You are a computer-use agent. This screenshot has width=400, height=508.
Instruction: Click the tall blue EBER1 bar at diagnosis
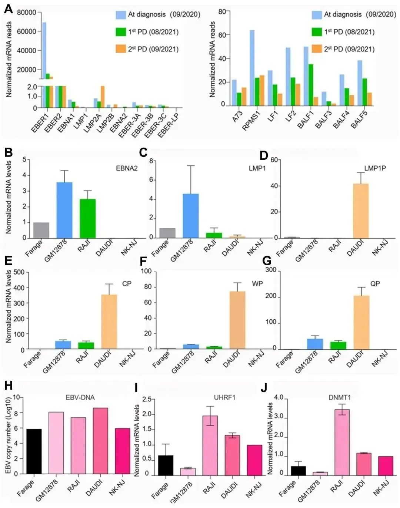[44, 52]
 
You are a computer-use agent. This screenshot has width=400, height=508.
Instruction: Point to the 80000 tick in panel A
[27, 13]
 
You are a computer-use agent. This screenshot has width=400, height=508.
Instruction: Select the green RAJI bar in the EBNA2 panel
[87, 219]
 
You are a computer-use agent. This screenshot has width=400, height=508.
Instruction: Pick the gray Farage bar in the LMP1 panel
[167, 233]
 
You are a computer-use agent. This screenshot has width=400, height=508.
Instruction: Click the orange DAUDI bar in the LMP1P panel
[361, 211]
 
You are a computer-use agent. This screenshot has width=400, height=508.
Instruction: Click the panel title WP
[257, 284]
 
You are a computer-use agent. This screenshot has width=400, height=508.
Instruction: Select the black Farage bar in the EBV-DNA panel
[34, 451]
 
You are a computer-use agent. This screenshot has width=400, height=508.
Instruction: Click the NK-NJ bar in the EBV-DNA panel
[122, 451]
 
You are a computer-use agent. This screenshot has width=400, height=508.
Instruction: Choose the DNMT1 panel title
[340, 398]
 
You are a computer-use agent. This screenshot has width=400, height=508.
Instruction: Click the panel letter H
[8, 386]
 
